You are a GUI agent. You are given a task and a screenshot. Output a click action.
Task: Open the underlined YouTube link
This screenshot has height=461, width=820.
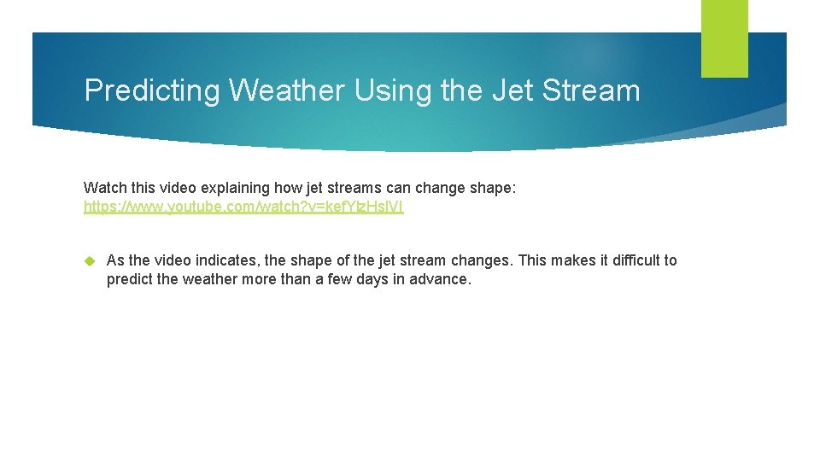pos(243,207)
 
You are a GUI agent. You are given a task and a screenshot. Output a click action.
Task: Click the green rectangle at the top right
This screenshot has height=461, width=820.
pos(724,38)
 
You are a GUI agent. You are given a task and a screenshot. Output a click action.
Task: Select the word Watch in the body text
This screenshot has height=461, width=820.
pos(103,187)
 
